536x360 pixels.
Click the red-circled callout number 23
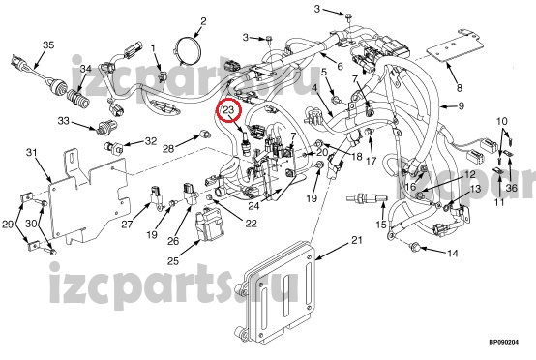pyautogui.click(x=229, y=110)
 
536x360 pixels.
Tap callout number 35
pyautogui.click(x=48, y=45)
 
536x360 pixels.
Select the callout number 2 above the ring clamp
pyautogui.click(x=203, y=21)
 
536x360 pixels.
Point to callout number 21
pyautogui.click(x=357, y=240)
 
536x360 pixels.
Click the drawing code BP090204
pyautogui.click(x=503, y=342)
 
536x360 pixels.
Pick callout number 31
pyautogui.click(x=32, y=152)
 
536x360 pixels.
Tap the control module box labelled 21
pyautogui.click(x=279, y=290)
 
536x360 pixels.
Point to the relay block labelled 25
pyautogui.click(x=209, y=224)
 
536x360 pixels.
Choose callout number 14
pyautogui.click(x=452, y=254)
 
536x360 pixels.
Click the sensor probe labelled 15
pyautogui.click(x=367, y=198)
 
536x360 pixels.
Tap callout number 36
pyautogui.click(x=512, y=188)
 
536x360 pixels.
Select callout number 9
pyautogui.click(x=461, y=106)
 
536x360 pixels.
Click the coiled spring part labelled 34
pyautogui.click(x=79, y=98)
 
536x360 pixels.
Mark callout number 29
pyautogui.click(x=8, y=225)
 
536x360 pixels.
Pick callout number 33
pyautogui.click(x=63, y=121)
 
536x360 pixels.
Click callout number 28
pyautogui.click(x=168, y=148)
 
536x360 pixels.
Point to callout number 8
pyautogui.click(x=460, y=88)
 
